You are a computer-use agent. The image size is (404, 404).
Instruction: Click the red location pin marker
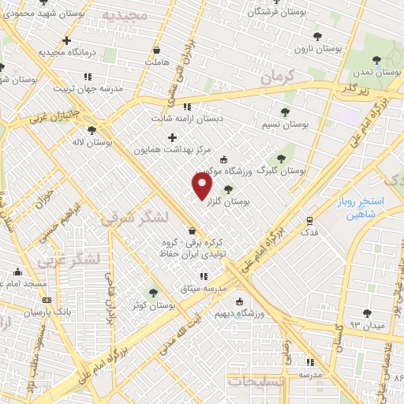point(202,185)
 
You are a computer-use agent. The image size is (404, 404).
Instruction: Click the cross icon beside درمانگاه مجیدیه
point(67,40)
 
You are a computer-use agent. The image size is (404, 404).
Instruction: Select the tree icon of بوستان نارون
point(317,36)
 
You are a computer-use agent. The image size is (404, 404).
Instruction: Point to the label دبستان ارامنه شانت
point(188,119)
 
